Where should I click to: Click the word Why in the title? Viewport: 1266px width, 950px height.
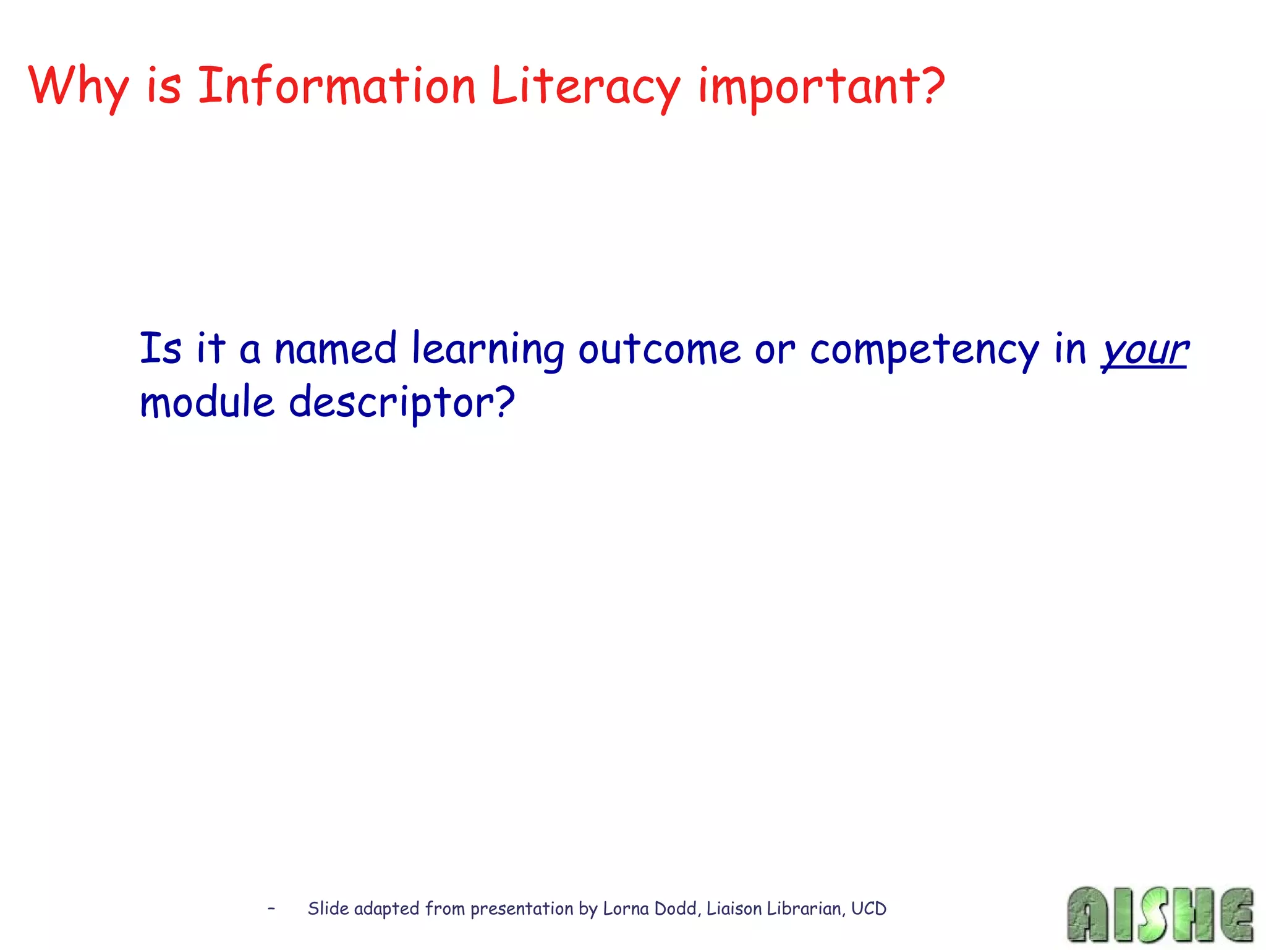click(x=79, y=87)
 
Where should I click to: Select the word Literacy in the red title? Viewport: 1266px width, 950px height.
click(x=585, y=87)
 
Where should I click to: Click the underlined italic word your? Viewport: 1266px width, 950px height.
click(x=1144, y=350)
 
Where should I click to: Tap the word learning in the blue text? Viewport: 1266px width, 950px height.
click(x=488, y=350)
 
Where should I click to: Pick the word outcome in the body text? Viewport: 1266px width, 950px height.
click(x=659, y=349)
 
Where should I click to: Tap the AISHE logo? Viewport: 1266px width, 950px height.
click(x=1160, y=914)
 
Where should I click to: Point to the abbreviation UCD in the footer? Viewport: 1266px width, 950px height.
click(x=869, y=909)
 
